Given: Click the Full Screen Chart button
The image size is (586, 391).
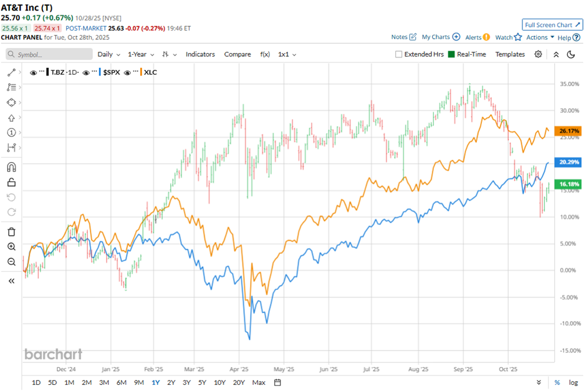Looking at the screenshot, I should click(552, 25).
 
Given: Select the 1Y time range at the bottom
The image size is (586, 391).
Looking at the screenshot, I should click(155, 382).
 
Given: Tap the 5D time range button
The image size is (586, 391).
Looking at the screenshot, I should click(52, 382).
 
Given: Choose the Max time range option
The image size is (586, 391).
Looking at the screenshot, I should click(259, 382).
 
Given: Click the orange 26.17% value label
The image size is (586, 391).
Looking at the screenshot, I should click(570, 131).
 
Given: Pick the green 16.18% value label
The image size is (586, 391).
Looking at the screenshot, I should click(570, 185).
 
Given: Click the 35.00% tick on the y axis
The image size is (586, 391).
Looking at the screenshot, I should click(570, 84).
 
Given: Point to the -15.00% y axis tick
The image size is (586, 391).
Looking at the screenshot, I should click(569, 350).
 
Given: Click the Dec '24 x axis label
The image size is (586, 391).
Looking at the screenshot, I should click(66, 369).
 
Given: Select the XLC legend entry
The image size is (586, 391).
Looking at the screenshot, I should click(150, 72).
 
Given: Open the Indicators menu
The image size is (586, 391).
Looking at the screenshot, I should click(200, 54).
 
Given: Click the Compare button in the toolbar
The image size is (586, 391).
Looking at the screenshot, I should click(238, 54).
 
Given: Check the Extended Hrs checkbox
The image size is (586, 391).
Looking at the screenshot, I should click(399, 54).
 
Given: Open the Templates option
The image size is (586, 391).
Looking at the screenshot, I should click(510, 54).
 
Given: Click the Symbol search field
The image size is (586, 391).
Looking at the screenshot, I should click(49, 54).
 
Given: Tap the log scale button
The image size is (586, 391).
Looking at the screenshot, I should click(573, 382).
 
